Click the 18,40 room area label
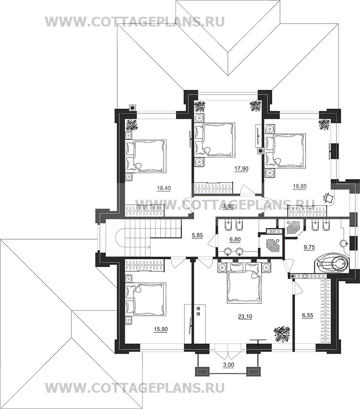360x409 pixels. tap(164, 188)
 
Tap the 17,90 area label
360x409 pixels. tap(241, 169)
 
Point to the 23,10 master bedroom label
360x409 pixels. tap(245, 317)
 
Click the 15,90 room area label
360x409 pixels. tap(161, 329)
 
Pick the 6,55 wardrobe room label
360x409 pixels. tap(307, 315)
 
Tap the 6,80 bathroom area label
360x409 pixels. tap(235, 239)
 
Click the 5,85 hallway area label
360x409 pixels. tap(197, 235)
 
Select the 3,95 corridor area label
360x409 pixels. tap(228, 207)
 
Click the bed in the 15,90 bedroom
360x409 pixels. tap(146, 299)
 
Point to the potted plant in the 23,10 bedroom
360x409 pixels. tap(282, 334)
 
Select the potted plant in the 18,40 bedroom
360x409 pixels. tap(132, 125)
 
